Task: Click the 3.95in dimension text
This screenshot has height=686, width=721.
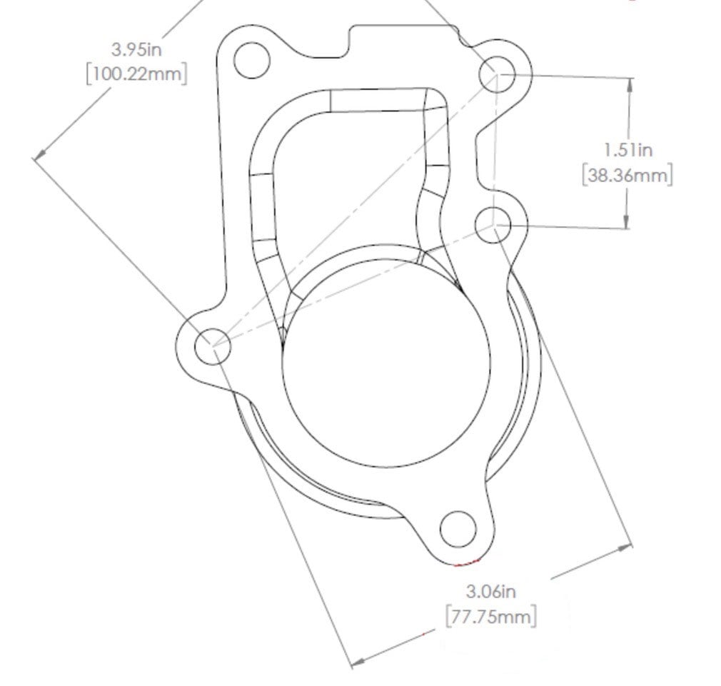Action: pos(136,49)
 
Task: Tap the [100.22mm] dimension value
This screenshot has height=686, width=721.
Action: pos(136,74)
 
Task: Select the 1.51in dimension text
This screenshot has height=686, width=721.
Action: pos(627,150)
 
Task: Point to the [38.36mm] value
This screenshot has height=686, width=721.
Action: pos(627,175)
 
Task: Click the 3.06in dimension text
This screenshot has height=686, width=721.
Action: pos(491,591)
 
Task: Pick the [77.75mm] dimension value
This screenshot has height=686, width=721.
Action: pos(491,616)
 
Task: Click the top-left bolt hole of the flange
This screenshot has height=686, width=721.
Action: pos(251,60)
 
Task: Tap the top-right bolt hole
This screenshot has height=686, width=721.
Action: pos(497,74)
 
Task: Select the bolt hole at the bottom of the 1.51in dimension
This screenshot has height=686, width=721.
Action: pos(493,226)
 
